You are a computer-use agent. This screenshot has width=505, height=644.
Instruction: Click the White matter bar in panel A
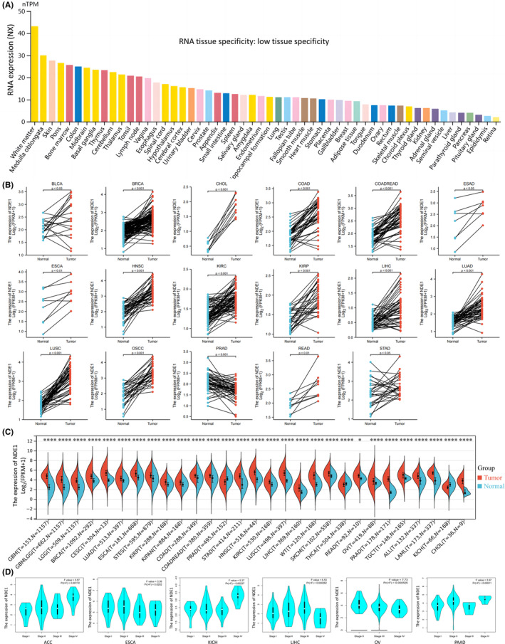pos(34,70)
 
